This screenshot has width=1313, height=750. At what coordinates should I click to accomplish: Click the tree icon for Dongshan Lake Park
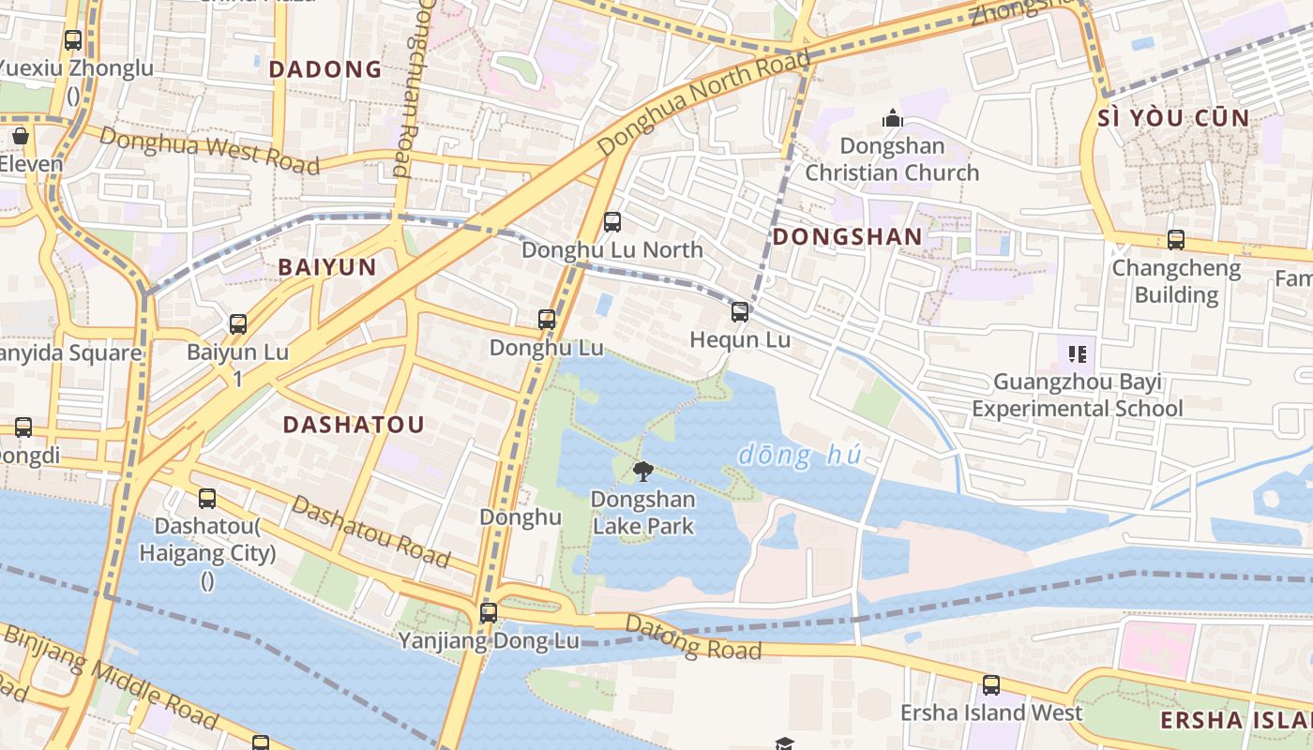(x=642, y=471)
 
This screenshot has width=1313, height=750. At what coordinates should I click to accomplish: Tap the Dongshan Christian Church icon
(x=892, y=118)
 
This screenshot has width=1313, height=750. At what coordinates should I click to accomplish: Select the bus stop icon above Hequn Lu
(x=740, y=311)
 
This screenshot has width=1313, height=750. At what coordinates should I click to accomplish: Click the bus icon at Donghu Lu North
(x=612, y=222)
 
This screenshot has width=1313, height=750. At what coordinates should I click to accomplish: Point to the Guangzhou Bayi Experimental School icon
(x=1077, y=354)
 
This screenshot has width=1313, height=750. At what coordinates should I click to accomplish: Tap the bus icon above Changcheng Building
(x=1176, y=240)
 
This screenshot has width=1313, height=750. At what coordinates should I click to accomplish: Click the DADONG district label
(x=325, y=69)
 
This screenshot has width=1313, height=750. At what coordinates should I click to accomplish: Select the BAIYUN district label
(x=327, y=267)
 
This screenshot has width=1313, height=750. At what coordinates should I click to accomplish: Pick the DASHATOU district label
(x=354, y=425)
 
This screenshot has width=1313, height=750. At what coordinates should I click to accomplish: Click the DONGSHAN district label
(x=847, y=237)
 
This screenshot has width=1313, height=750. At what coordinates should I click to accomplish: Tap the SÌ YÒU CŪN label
(x=1173, y=118)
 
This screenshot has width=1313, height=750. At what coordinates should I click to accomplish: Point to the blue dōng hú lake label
(x=799, y=457)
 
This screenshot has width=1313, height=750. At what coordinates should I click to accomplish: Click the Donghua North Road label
(x=703, y=103)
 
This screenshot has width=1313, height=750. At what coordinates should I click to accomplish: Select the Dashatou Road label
(x=370, y=532)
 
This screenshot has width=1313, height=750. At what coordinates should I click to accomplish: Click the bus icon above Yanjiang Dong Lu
(x=489, y=613)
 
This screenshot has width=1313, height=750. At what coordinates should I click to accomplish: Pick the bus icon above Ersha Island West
(x=990, y=685)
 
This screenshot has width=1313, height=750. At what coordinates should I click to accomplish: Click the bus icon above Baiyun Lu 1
(x=238, y=324)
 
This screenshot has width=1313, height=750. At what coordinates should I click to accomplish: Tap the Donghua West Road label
(x=208, y=150)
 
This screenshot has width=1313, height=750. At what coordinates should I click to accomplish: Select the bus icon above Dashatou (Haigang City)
(x=207, y=499)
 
